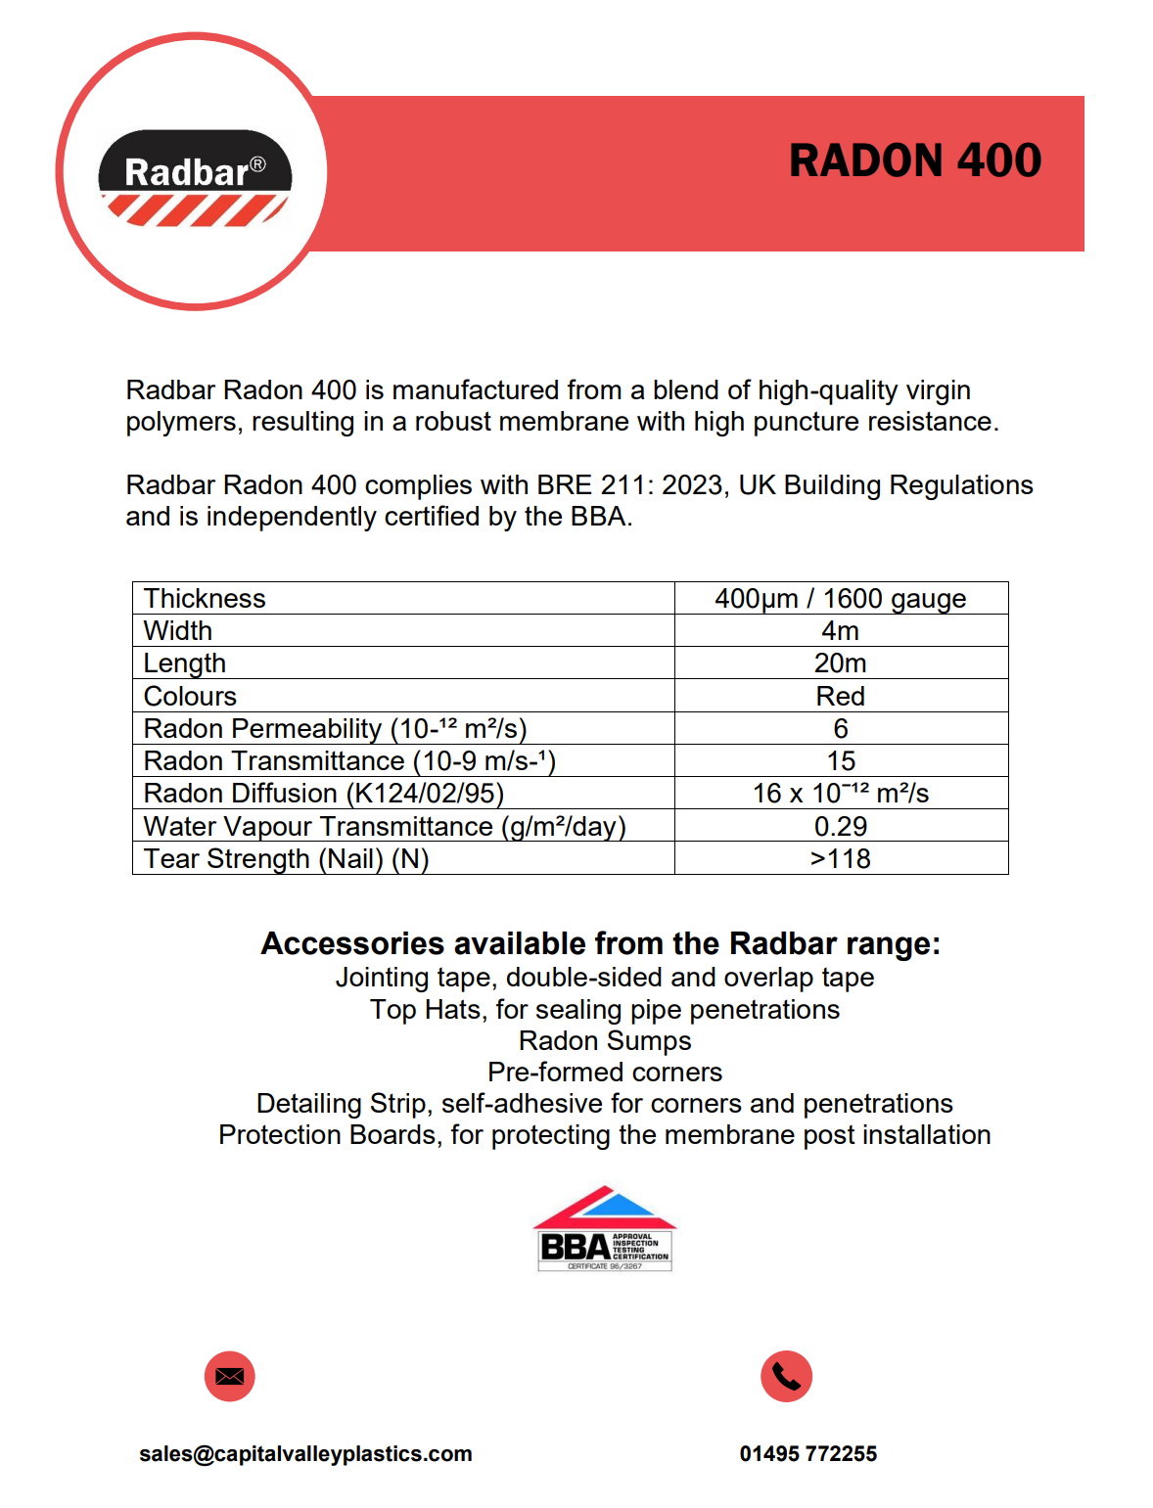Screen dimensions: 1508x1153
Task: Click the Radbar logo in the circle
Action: click(195, 177)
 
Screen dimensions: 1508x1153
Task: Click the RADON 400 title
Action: click(915, 161)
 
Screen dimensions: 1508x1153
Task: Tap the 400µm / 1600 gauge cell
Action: click(840, 599)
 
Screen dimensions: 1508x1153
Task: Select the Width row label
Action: click(178, 631)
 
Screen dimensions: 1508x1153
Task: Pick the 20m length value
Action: click(840, 663)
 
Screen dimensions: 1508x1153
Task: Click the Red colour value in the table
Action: click(840, 697)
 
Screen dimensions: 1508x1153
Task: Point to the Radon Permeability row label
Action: click(335, 729)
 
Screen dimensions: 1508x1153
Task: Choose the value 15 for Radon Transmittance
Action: click(840, 761)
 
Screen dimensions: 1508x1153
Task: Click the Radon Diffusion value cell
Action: click(840, 794)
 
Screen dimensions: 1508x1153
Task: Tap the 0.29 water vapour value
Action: click(840, 827)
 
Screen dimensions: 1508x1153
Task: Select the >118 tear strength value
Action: click(840, 859)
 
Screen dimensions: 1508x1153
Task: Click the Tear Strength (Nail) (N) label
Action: click(286, 859)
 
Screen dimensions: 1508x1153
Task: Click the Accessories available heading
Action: click(600, 943)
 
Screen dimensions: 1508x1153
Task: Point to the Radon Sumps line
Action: click(605, 1040)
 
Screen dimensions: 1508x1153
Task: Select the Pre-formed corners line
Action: click(605, 1072)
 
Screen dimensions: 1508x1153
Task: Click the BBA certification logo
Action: click(605, 1229)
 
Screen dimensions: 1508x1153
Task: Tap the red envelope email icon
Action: click(230, 1377)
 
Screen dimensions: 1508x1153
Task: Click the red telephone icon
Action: click(786, 1377)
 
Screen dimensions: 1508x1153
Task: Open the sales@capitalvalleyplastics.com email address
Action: click(305, 1454)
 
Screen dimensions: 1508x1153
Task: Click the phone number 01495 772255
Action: click(807, 1454)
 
